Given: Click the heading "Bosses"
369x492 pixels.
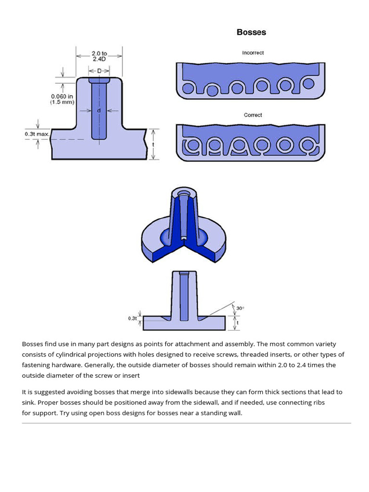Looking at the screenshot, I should pyautogui.click(x=251, y=32).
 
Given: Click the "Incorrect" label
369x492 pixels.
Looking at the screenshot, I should pyautogui.click(x=253, y=53).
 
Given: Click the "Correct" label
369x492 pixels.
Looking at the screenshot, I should pyautogui.click(x=253, y=115).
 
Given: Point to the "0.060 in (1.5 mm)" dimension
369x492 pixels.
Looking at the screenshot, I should pyautogui.click(x=62, y=99).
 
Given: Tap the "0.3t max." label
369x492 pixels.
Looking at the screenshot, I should pyautogui.click(x=37, y=134).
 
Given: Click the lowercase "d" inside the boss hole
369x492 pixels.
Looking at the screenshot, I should pyautogui.click(x=99, y=111).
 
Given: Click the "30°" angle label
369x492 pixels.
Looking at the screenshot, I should pyautogui.click(x=240, y=308).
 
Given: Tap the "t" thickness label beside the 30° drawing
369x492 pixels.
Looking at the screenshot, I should pyautogui.click(x=237, y=323).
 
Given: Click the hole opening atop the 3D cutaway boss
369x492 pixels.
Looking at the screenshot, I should pyautogui.click(x=184, y=194).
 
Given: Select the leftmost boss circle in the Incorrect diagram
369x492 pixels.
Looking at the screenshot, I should pyautogui.click(x=188, y=88).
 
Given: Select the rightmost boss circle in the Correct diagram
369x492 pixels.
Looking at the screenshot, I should pyautogui.click(x=306, y=145).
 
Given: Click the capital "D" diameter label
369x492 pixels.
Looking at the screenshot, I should pyautogui.click(x=99, y=71).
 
